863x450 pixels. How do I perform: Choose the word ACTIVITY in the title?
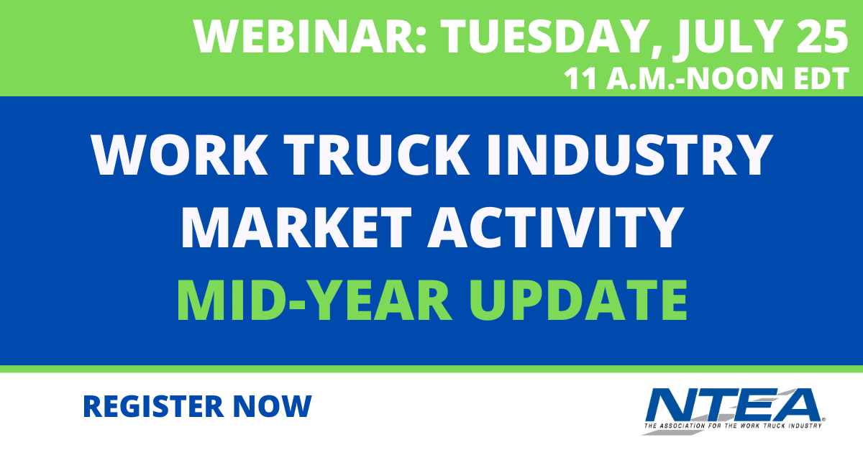coord(555,227)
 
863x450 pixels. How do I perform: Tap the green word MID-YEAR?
coord(314,300)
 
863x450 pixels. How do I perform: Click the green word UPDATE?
coord(579,300)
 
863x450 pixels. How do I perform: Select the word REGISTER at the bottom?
coord(153,406)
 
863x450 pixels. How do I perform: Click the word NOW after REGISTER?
coord(272,406)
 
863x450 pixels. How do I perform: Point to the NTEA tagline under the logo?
coord(733,426)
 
